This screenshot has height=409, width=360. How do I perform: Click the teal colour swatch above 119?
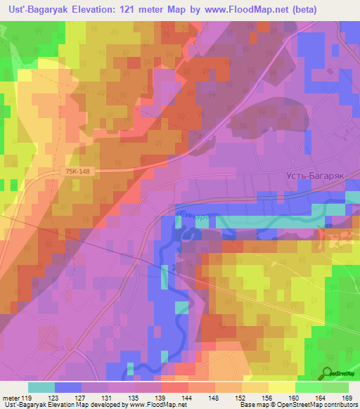point(41,387)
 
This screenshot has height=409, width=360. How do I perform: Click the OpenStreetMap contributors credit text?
point(321,405)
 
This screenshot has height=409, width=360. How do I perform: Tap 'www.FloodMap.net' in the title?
point(238,10)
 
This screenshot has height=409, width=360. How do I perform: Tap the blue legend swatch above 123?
point(67,387)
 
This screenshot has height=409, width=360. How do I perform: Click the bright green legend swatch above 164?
point(308,387)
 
